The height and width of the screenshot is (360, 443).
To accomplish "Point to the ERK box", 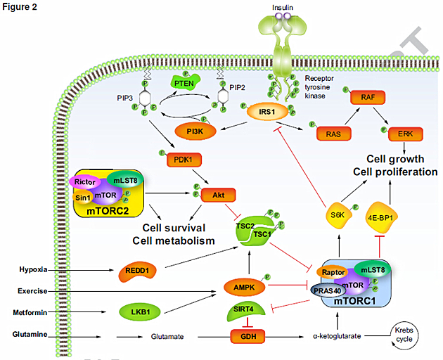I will coord(406,134).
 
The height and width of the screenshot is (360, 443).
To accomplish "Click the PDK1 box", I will coord(184,160).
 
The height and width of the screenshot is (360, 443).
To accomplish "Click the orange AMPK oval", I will coord(245,287).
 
